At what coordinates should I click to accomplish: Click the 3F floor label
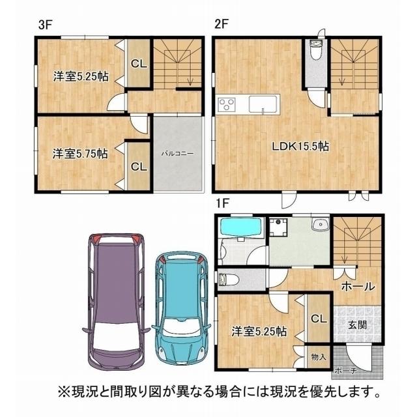(45, 25)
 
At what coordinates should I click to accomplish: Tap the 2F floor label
(222, 25)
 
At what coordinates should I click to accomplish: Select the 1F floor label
(223, 204)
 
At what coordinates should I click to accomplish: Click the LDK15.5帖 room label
(300, 146)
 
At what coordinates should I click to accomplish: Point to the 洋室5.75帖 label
(80, 154)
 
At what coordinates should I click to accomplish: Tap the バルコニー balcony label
(178, 154)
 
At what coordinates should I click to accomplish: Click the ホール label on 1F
(358, 287)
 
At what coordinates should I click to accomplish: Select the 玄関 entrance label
(358, 324)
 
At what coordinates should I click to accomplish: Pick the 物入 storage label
(319, 357)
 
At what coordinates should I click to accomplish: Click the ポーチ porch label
(346, 371)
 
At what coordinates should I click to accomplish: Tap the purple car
(116, 302)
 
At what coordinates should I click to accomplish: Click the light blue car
(181, 308)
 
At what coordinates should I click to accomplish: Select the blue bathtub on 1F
(240, 227)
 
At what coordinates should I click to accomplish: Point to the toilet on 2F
(316, 50)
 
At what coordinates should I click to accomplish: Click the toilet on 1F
(228, 280)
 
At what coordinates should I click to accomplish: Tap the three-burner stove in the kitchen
(227, 104)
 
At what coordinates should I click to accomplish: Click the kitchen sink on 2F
(263, 104)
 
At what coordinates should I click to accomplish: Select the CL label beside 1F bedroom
(319, 319)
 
